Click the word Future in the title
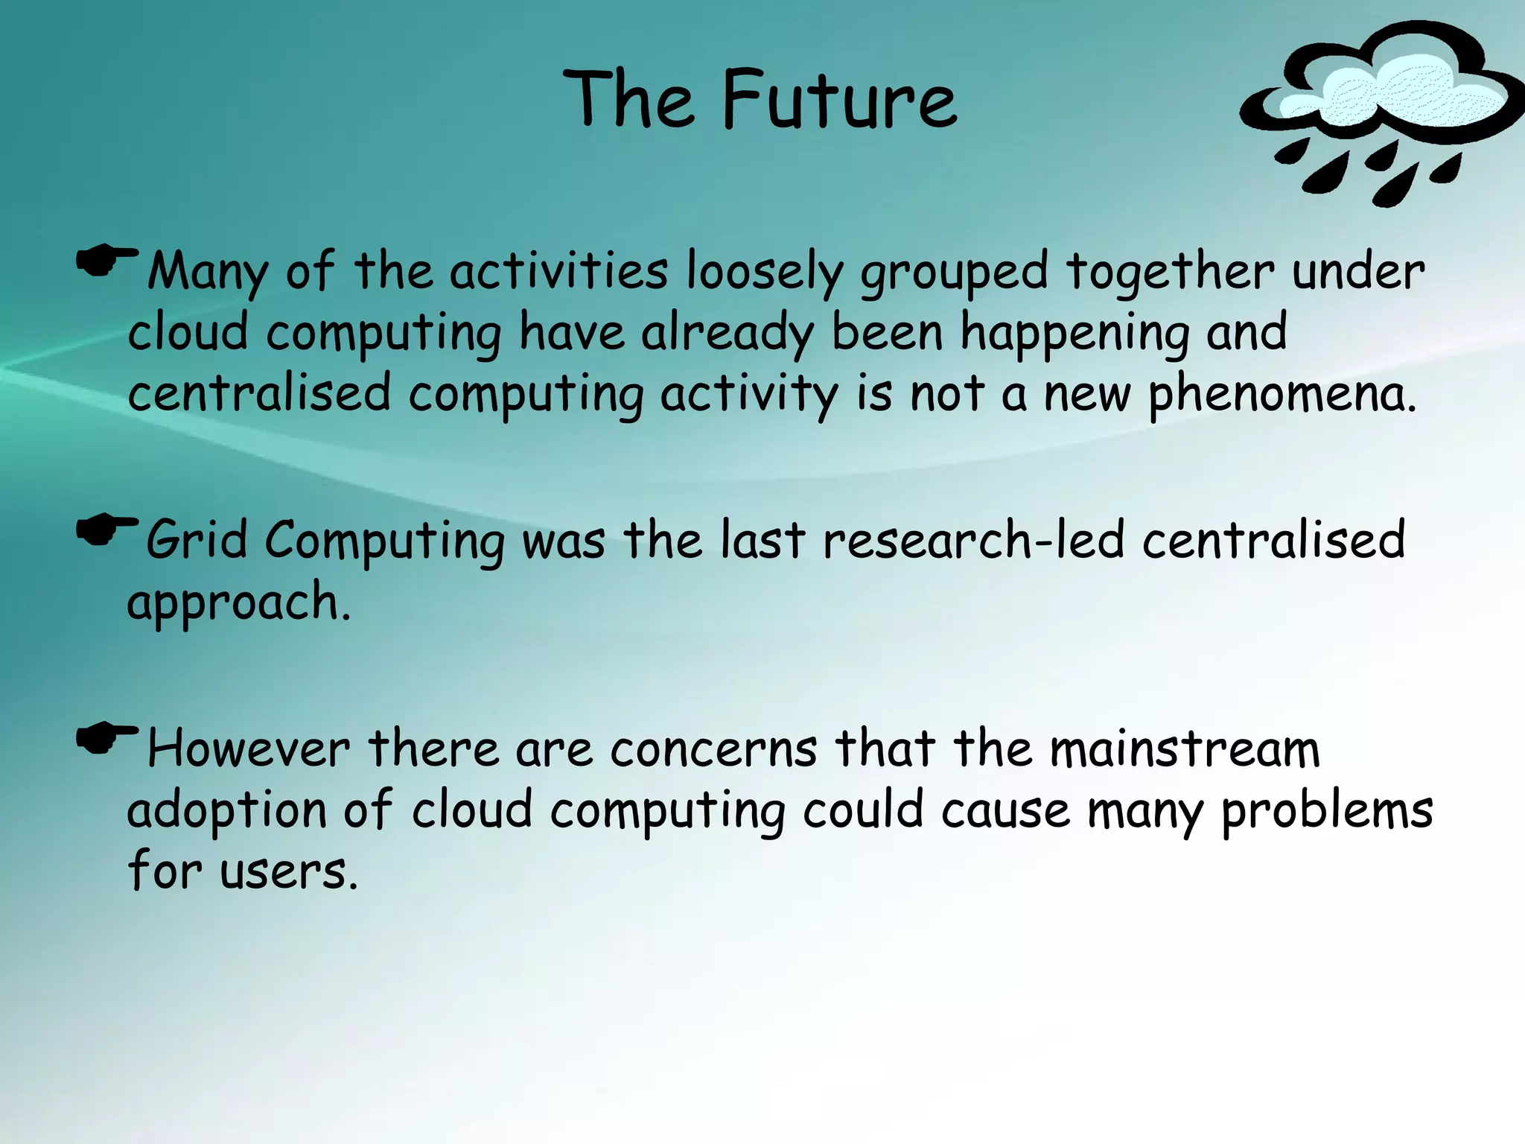tap(839, 100)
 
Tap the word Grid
tap(197, 540)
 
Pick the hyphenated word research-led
tap(973, 540)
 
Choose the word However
tap(249, 749)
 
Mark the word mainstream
tap(1184, 749)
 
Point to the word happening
tap(1075, 334)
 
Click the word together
tap(1170, 272)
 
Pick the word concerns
tap(713, 749)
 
